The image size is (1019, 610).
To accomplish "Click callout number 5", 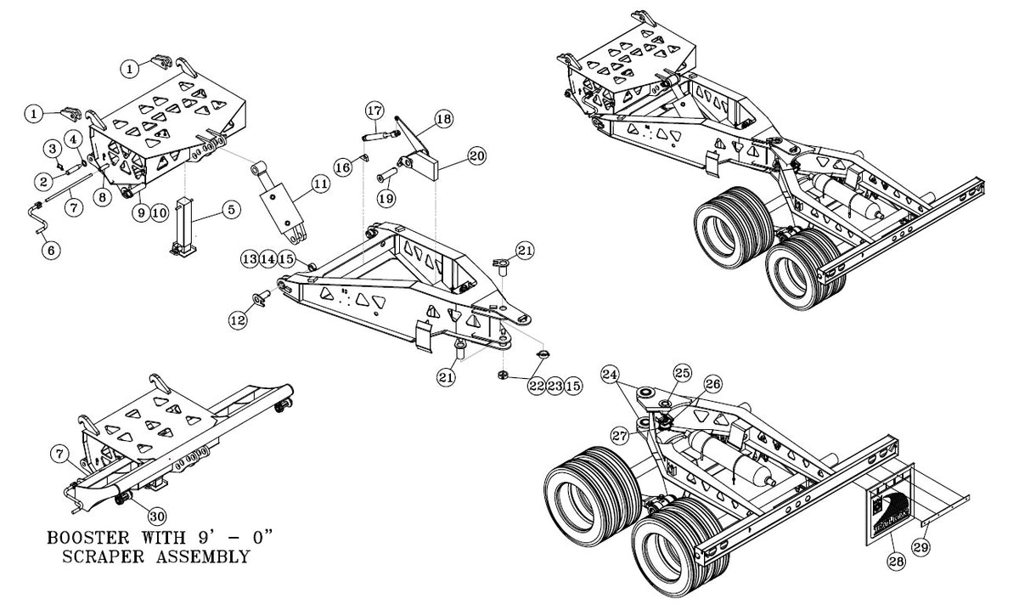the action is pos(231,210).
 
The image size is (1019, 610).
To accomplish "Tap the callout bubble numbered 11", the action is pos(321,184).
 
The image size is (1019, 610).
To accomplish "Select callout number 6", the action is pos(51,250).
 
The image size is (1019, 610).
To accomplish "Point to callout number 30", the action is pos(157,517).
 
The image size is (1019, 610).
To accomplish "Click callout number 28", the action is pos(896,562).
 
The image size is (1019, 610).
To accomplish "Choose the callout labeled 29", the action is pos(921,547).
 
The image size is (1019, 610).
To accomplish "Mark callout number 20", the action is pos(476,156).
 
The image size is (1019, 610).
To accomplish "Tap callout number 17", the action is pos(374,110).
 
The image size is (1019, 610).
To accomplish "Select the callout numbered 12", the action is pos(238,320).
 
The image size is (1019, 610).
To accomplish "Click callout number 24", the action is pos(610,375).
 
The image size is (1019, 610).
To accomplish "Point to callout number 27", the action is pos(619,436).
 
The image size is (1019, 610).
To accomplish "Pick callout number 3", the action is pos(53,149).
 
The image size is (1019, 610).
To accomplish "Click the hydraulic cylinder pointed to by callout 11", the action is pos(279,201).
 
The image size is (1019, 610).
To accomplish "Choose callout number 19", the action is pos(386,199).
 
